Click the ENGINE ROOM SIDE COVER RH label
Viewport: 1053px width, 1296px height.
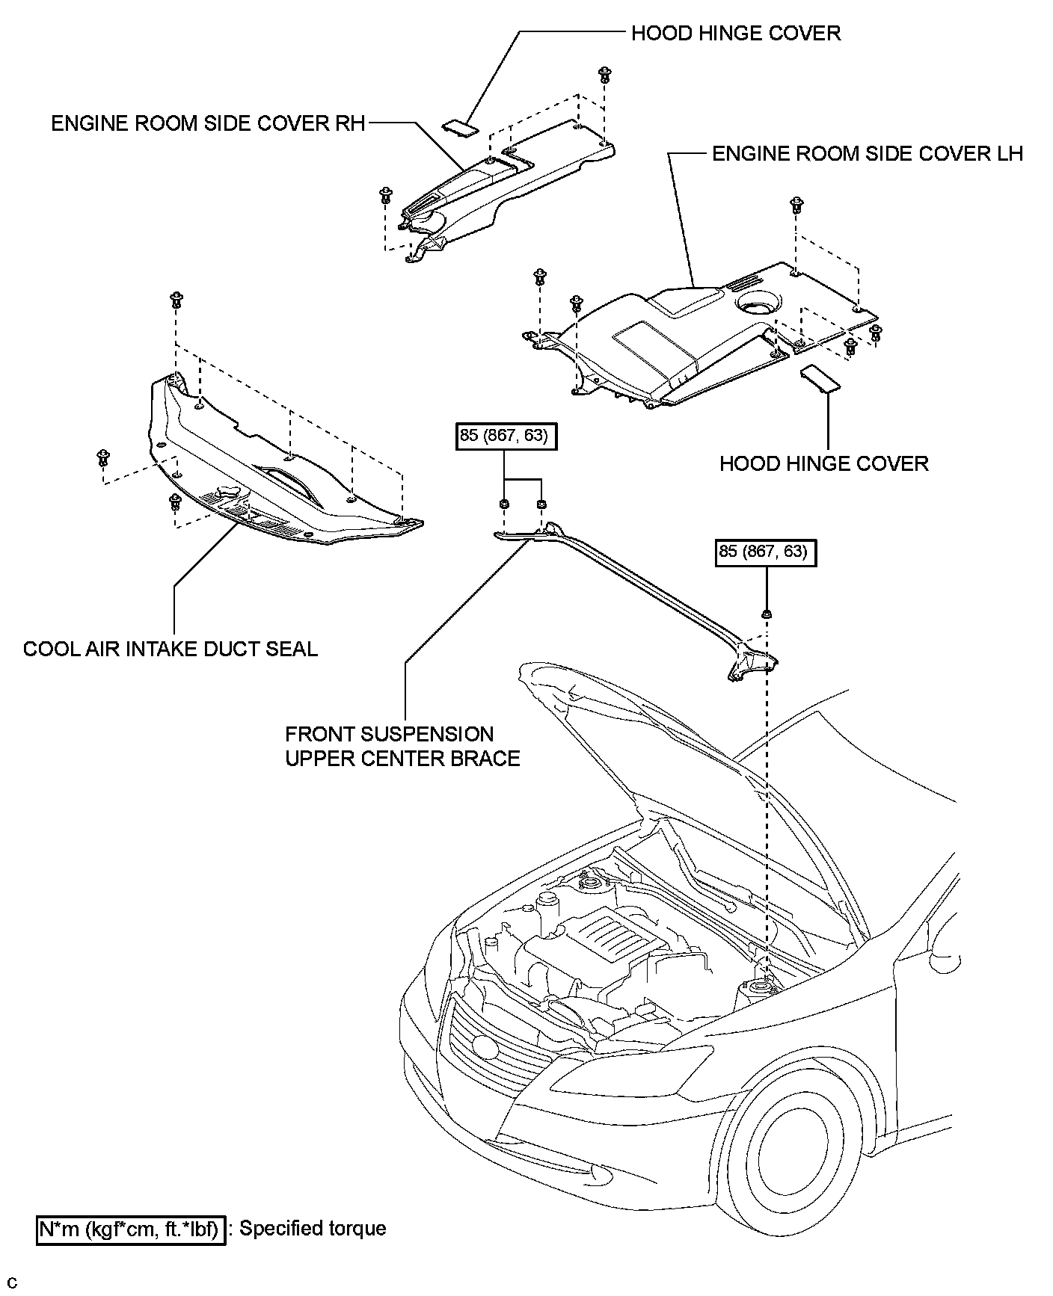tap(208, 123)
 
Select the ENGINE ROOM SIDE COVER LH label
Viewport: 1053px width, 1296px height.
tap(867, 154)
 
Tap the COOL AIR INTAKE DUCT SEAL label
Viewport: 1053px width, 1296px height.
tap(171, 649)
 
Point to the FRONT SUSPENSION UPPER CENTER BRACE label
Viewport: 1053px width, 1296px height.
tap(402, 746)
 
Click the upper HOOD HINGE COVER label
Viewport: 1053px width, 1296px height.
tap(736, 34)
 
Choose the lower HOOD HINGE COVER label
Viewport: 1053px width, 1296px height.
tap(823, 463)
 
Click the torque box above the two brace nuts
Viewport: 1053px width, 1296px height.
tap(508, 436)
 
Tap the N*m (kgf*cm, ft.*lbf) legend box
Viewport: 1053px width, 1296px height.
tap(131, 1229)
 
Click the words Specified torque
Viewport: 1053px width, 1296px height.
tap(313, 1229)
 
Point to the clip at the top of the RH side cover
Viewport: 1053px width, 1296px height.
tap(604, 74)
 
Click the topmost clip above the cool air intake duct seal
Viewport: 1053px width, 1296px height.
tap(177, 299)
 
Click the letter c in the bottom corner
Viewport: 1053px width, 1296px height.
tap(13, 1284)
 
